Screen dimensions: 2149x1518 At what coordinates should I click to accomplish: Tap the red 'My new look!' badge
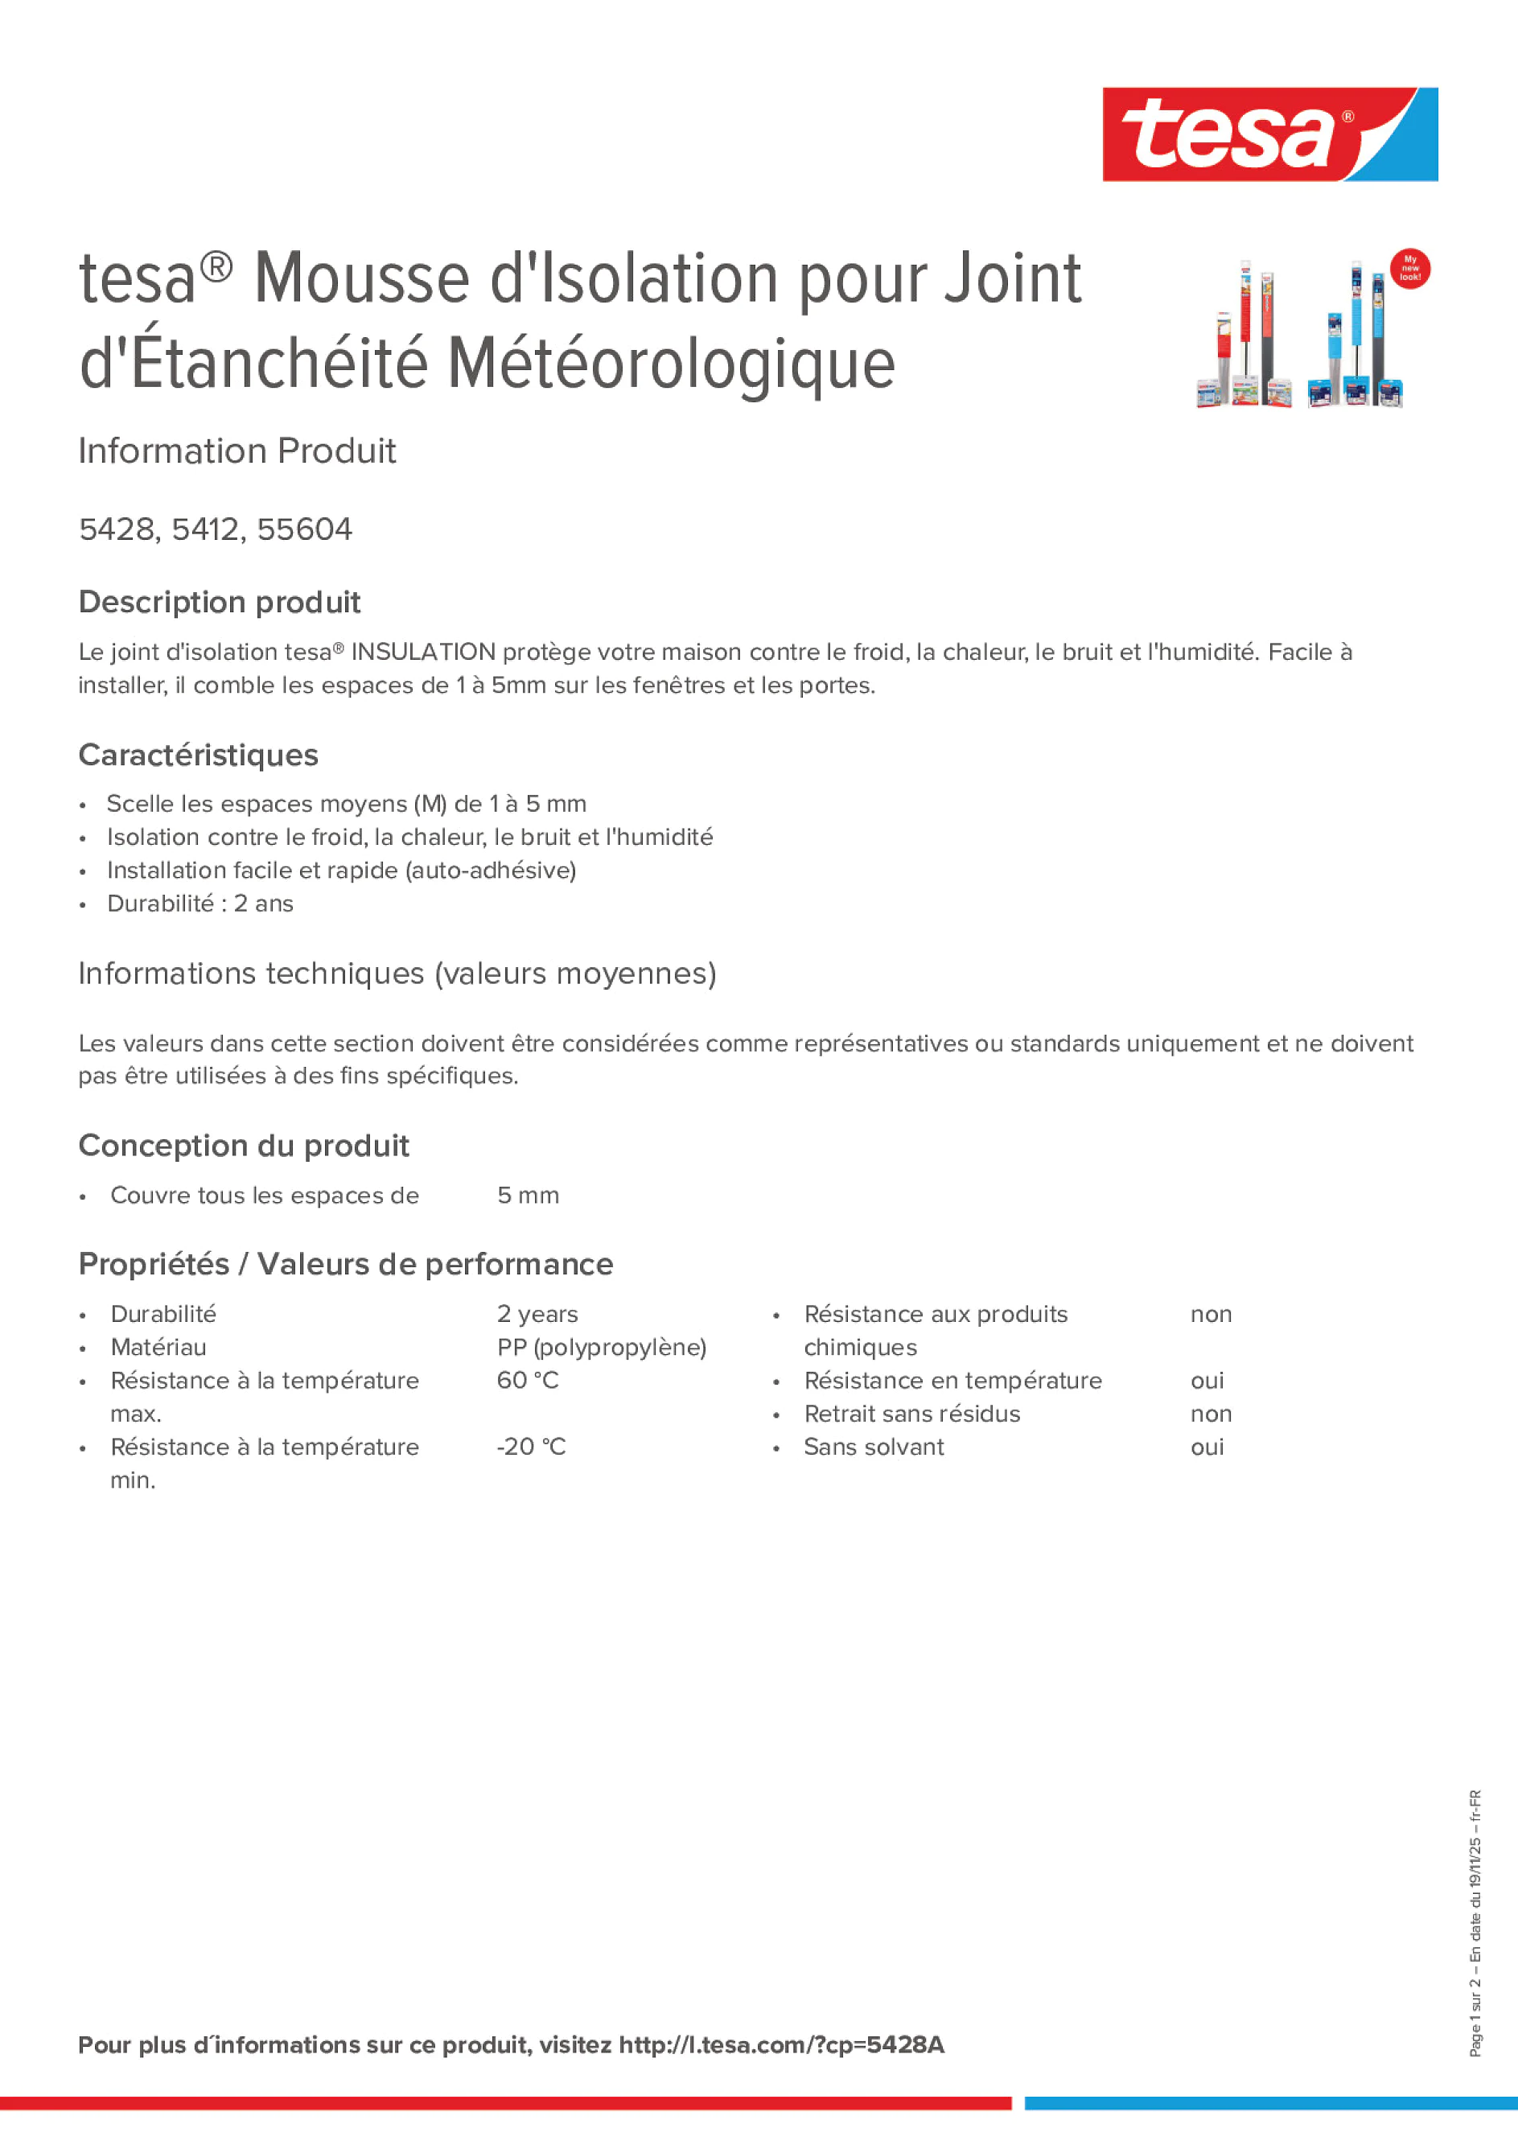click(x=1409, y=269)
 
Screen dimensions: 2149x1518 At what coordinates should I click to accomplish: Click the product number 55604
click(x=304, y=529)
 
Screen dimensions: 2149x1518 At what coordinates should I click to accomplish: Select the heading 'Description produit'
click(x=219, y=602)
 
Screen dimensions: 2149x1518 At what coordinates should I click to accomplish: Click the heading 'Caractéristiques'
click(x=199, y=755)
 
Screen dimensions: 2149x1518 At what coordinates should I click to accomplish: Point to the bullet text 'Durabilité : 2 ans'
click(x=200, y=904)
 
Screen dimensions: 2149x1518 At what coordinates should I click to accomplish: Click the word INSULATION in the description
click(x=423, y=653)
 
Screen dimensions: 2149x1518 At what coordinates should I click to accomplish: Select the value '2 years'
click(x=537, y=1314)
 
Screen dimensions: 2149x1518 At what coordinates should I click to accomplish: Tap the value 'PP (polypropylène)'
click(x=601, y=1347)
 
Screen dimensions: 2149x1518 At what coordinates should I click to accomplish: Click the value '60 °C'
click(x=528, y=1381)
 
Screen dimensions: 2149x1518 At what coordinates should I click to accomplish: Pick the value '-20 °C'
click(x=531, y=1447)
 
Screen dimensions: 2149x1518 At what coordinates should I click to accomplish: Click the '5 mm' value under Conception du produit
click(x=528, y=1196)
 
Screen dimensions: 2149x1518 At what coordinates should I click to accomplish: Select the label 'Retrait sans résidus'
click(x=911, y=1414)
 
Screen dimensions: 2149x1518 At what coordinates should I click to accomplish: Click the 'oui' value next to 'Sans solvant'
click(x=1207, y=1447)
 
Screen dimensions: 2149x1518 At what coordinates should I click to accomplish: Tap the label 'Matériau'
click(x=158, y=1347)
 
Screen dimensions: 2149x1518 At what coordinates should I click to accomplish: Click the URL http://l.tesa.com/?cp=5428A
click(x=781, y=2045)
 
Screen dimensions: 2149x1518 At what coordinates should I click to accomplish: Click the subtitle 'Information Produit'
click(x=237, y=451)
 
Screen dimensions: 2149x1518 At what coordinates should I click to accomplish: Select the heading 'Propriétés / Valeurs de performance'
click(x=345, y=1265)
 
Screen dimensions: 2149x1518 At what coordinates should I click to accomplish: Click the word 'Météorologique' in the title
click(x=671, y=364)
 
